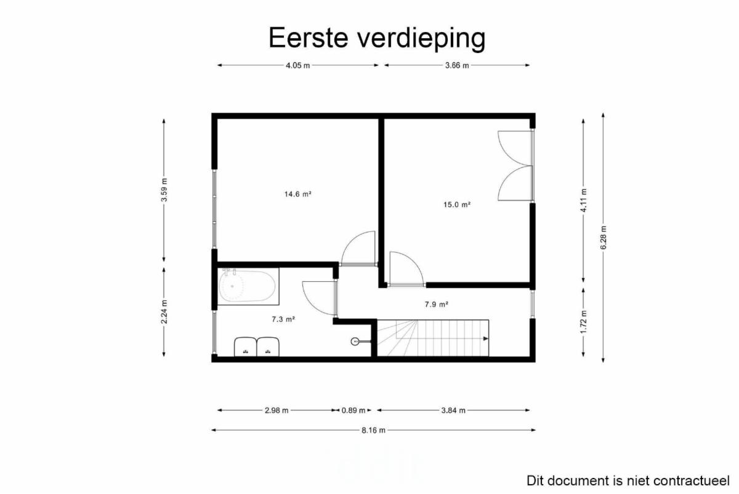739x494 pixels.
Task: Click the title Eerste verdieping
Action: click(377, 38)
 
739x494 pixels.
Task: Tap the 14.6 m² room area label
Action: click(298, 194)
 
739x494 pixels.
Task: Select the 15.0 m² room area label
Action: click(457, 205)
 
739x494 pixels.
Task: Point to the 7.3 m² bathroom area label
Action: click(283, 319)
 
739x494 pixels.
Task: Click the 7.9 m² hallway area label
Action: click(437, 304)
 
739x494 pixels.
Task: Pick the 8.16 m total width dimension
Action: click(373, 430)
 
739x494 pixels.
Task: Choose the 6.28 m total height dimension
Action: click(604, 237)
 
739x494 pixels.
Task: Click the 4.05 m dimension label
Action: click(298, 65)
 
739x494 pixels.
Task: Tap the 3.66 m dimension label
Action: click(457, 65)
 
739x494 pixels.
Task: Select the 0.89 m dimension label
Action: click(353, 410)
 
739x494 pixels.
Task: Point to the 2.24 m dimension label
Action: click(164, 312)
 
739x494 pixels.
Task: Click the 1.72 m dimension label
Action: click(584, 322)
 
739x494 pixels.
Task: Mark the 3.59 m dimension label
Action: click(164, 190)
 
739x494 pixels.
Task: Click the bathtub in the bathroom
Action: click(248, 286)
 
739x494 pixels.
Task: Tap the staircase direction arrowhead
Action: click(486, 339)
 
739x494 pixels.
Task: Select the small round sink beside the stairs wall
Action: click(355, 341)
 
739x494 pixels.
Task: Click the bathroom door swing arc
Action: click(313, 302)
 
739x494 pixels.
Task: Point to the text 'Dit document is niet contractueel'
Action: click(628, 481)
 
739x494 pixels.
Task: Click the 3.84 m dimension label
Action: click(453, 410)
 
